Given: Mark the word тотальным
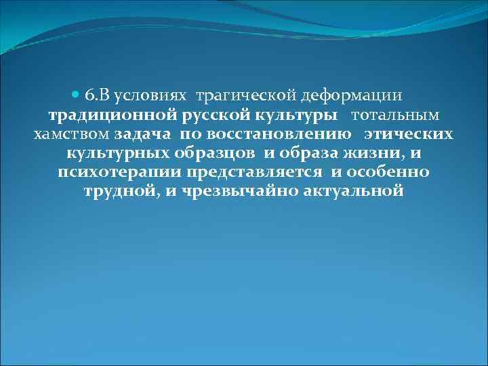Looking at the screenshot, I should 395,115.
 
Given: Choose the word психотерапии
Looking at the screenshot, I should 119,171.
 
